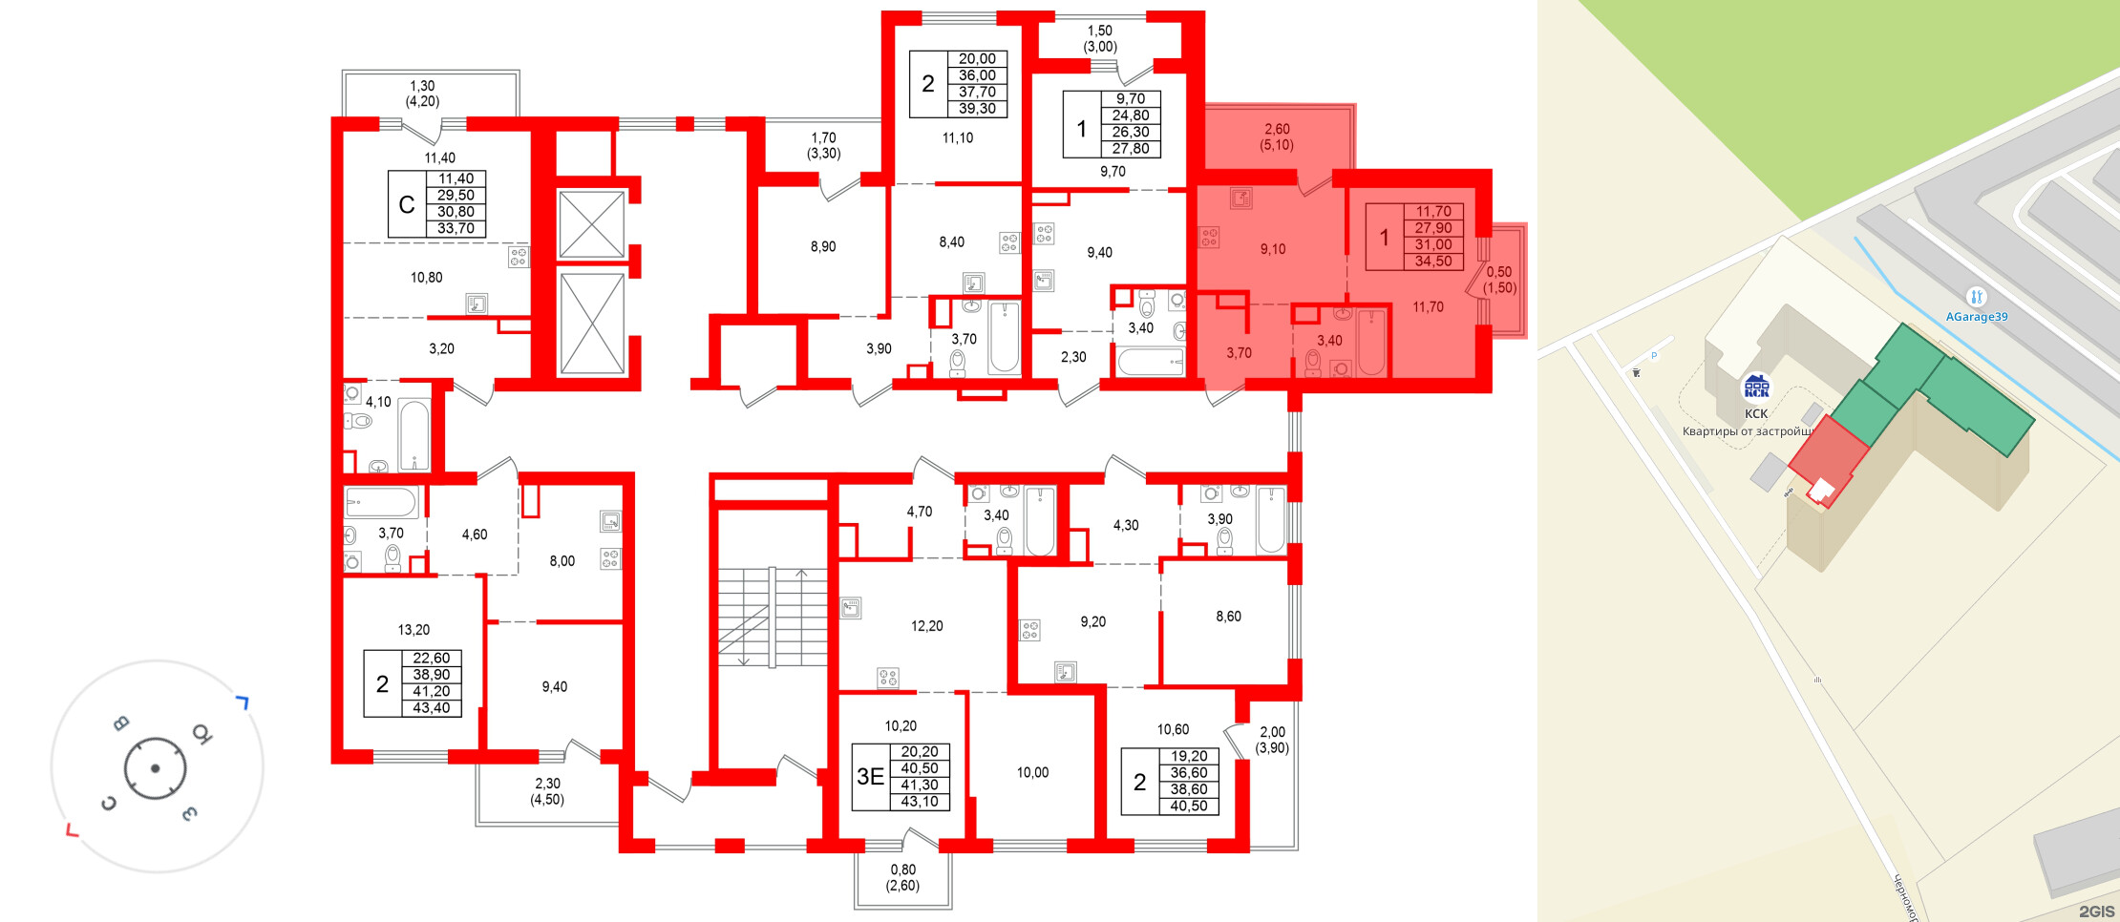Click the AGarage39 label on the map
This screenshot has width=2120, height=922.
[x=1976, y=317]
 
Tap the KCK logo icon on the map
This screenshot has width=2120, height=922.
[x=1756, y=387]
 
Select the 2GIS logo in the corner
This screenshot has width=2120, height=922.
[x=2096, y=912]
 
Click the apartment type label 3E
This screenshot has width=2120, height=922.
[x=870, y=777]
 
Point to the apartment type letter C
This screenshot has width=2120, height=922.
[x=407, y=204]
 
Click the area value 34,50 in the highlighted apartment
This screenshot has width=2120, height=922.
[x=1433, y=262]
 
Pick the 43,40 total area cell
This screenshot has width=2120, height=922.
[x=432, y=708]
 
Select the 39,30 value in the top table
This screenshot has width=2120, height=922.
[x=977, y=109]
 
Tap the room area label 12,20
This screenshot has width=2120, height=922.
[x=926, y=626]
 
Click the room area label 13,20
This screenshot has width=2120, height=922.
[x=413, y=630]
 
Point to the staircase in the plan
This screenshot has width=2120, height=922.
[x=772, y=617]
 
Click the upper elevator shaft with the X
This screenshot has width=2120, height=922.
[x=591, y=224]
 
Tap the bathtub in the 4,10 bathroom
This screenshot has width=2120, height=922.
[x=414, y=435]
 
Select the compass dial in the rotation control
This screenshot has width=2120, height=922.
[x=155, y=768]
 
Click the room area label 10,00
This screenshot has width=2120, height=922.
[x=1032, y=773]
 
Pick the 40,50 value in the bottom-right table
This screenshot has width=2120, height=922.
[x=1189, y=807]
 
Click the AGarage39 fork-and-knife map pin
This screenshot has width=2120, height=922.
[x=1976, y=297]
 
